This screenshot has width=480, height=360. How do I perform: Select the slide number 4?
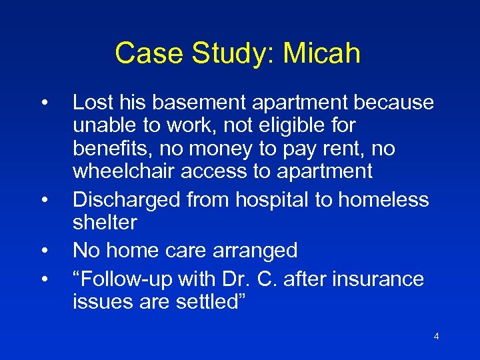[x=436, y=337]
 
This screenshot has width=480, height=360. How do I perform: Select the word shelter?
[x=104, y=222]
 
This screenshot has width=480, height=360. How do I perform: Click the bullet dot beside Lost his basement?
[x=43, y=103]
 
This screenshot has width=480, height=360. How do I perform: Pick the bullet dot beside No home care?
[x=43, y=250]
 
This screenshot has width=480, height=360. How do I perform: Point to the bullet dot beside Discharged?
[x=43, y=199]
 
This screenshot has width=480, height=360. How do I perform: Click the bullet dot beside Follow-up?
[x=43, y=278]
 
